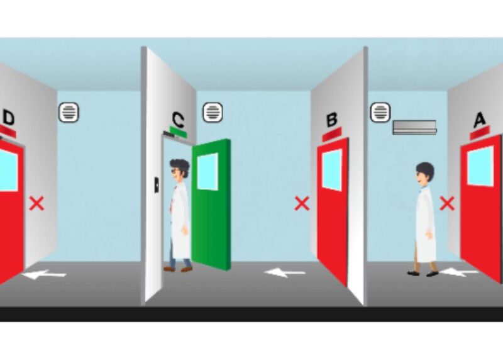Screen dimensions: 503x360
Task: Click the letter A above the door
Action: pyautogui.click(x=480, y=120)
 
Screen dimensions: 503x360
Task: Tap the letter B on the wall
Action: pyautogui.click(x=332, y=120)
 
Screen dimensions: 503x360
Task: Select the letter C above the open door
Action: pyautogui.click(x=178, y=119)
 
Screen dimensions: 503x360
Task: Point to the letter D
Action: pyautogui.click(x=9, y=118)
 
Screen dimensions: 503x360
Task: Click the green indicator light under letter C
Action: pyautogui.click(x=179, y=132)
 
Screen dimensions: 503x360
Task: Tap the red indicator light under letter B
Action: pyautogui.click(x=332, y=134)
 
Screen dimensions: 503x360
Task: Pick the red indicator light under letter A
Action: pyautogui.click(x=480, y=133)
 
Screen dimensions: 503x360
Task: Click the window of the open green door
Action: pyautogui.click(x=207, y=171)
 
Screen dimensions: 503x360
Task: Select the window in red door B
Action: pyautogui.click(x=333, y=170)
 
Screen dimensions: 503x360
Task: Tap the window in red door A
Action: pyautogui.click(x=480, y=166)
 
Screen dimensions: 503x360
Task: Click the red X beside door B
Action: pyautogui.click(x=302, y=204)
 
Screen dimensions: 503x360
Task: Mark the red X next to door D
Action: pyautogui.click(x=37, y=204)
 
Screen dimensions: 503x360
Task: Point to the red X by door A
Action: pyautogui.click(x=447, y=204)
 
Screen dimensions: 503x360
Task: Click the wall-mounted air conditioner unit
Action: pyautogui.click(x=414, y=127)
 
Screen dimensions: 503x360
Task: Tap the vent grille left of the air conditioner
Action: pyautogui.click(x=380, y=113)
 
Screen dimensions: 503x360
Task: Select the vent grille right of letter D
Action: pyautogui.click(x=69, y=113)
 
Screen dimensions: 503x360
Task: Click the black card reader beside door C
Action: pyautogui.click(x=156, y=185)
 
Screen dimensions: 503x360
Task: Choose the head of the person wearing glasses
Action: pyautogui.click(x=180, y=168)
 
